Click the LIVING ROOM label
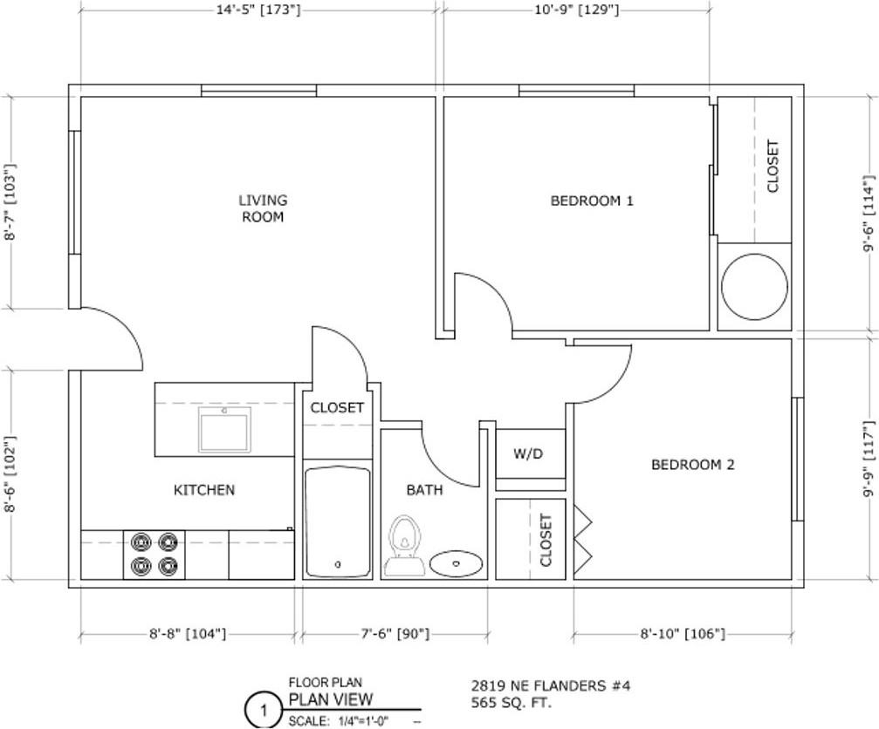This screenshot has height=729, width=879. [x=263, y=208]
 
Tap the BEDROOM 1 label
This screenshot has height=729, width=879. [x=592, y=201]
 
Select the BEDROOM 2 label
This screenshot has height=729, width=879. [x=693, y=464]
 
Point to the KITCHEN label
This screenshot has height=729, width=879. [x=204, y=490]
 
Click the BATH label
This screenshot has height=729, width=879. [x=424, y=490]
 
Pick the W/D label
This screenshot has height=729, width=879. [x=528, y=453]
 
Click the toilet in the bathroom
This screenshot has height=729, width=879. [x=405, y=546]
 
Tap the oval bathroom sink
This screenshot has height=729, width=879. [x=457, y=563]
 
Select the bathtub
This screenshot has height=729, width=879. [x=338, y=521]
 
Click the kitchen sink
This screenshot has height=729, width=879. [x=224, y=429]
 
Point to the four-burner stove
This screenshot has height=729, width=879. [x=155, y=555]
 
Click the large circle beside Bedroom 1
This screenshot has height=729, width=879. [x=754, y=287]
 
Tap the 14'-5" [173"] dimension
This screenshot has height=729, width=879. [x=258, y=10]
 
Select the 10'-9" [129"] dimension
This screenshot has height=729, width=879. [x=577, y=10]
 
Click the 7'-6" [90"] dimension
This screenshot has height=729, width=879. [x=395, y=634]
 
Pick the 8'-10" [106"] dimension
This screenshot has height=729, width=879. [x=683, y=634]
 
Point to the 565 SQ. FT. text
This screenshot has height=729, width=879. [x=512, y=702]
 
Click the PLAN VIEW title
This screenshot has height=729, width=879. [x=331, y=699]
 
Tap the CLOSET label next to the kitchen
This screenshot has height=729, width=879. [x=337, y=407]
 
